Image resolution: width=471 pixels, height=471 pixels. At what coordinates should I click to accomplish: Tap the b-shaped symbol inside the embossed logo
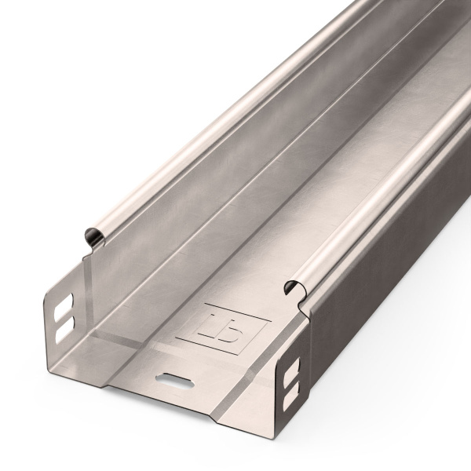(x=226, y=320)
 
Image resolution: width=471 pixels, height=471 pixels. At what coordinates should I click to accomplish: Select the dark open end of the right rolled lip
(x=296, y=288)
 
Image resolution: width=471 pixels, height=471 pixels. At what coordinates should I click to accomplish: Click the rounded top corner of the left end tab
(x=47, y=290)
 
